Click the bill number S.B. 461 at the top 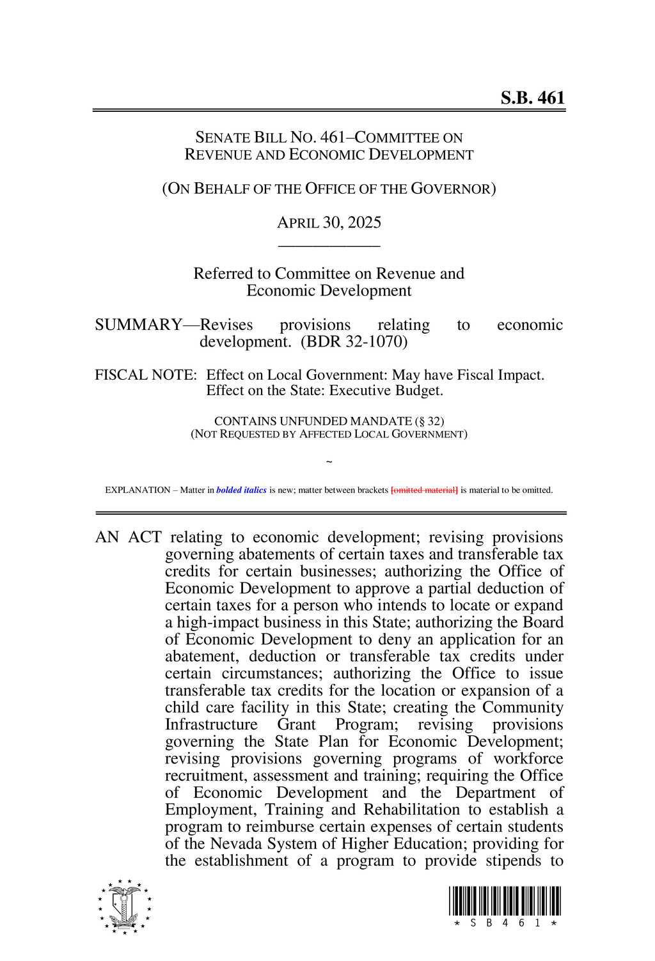(x=532, y=98)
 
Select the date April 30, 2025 (x=329, y=223)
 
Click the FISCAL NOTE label (x=146, y=375)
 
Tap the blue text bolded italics (x=241, y=490)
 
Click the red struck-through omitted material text (x=424, y=490)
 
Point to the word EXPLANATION (x=138, y=490)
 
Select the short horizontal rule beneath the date (x=329, y=246)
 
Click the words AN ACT (x=128, y=537)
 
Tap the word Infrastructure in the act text (x=211, y=724)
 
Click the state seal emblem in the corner (x=125, y=907)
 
